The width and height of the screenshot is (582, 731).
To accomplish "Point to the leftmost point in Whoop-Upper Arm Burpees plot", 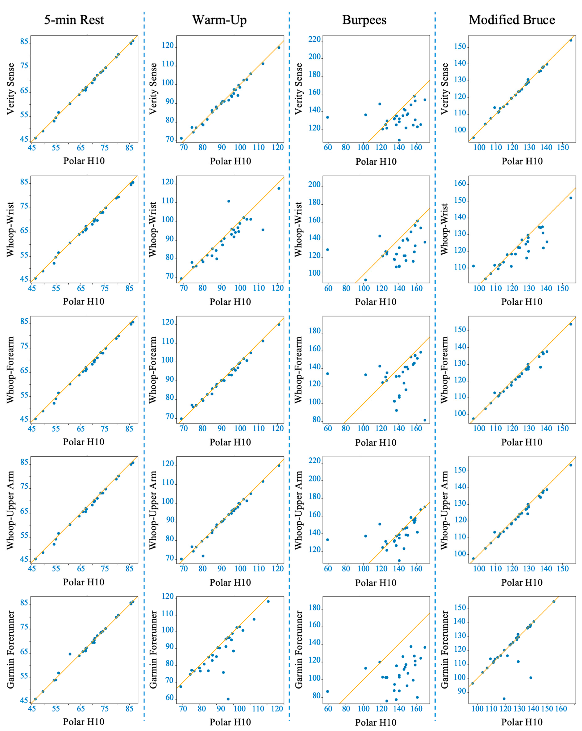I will click(x=327, y=540).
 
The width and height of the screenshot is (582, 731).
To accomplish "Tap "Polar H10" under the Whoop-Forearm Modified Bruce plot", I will click(x=522, y=442).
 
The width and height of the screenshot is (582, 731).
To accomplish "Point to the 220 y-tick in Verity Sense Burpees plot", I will click(x=314, y=40).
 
